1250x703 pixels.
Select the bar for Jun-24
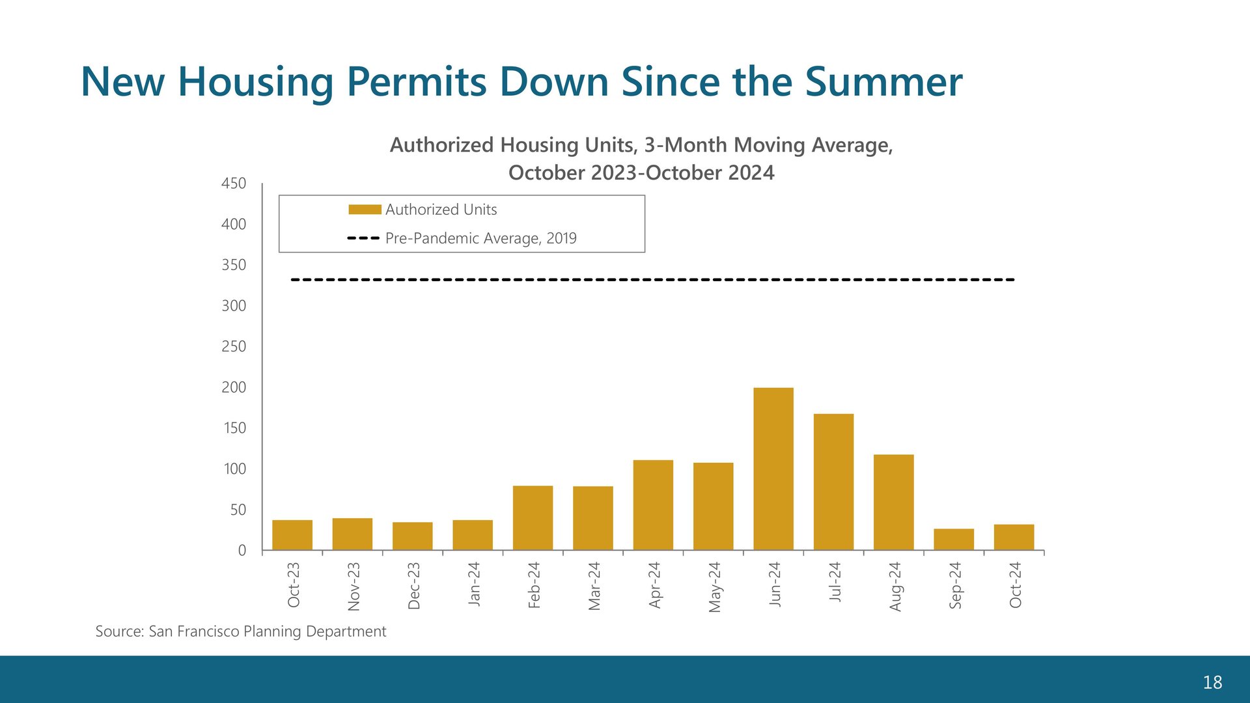point(773,469)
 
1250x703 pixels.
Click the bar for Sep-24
point(954,540)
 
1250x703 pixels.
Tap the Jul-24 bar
point(833,482)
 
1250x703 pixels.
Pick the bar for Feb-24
point(533,518)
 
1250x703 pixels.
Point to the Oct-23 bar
point(292,535)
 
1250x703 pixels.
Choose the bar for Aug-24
point(894,503)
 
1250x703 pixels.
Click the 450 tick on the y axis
point(234,184)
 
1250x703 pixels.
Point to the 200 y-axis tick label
point(234,387)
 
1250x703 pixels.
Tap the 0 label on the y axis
point(242,551)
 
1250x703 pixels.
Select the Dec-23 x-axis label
point(414,586)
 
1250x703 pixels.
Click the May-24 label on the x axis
point(715,587)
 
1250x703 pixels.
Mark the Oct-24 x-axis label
point(1016,585)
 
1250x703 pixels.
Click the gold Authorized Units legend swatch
point(365,210)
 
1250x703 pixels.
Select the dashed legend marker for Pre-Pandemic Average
point(363,238)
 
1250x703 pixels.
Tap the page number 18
point(1212,682)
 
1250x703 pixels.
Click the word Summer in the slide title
point(883,82)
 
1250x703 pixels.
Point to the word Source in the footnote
point(120,631)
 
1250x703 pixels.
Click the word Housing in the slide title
point(255,83)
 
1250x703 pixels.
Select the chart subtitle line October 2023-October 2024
point(641,172)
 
